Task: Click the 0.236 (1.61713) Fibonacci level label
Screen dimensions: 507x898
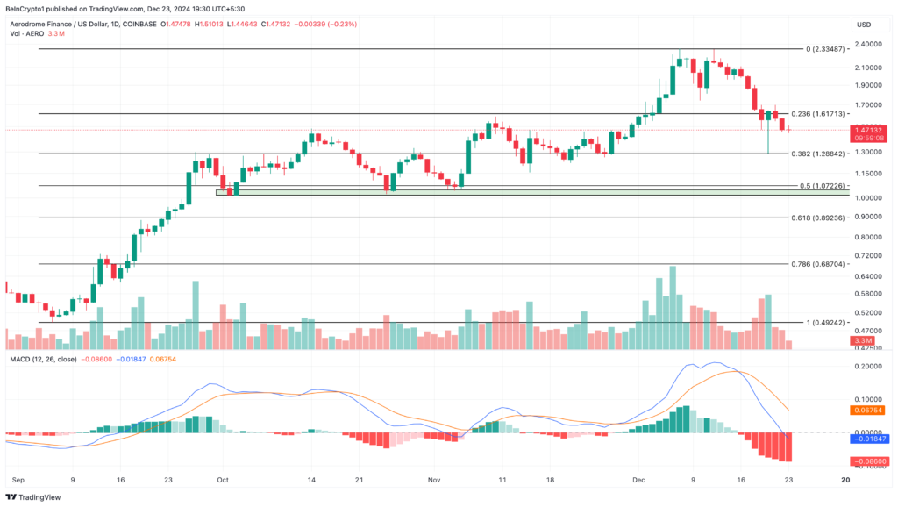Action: pyautogui.click(x=818, y=114)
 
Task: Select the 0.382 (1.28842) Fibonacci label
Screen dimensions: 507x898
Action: pyautogui.click(x=818, y=154)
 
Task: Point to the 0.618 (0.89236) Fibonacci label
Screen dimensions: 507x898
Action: pyautogui.click(x=818, y=218)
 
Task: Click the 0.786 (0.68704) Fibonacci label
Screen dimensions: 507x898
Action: pyautogui.click(x=818, y=264)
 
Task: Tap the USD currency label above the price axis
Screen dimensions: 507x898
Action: pyautogui.click(x=864, y=25)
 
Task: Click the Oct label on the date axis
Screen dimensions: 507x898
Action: pyautogui.click(x=222, y=481)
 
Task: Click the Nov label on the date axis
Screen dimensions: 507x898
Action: pyautogui.click(x=433, y=481)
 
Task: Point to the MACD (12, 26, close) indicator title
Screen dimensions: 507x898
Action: pyautogui.click(x=42, y=358)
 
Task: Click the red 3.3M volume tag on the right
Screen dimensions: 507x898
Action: pyautogui.click(x=863, y=339)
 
